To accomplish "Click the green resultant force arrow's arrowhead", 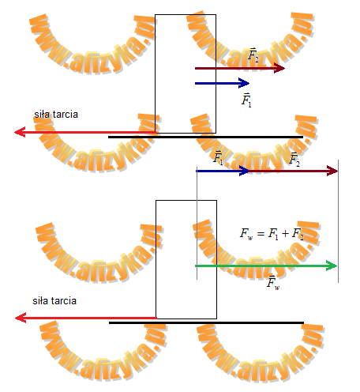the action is tap(332, 266).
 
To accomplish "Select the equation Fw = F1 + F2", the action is tap(272, 234).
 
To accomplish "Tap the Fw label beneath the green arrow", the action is tap(273, 283).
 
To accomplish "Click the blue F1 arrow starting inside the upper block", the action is tap(222, 83).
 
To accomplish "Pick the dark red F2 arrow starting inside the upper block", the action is tap(240, 68).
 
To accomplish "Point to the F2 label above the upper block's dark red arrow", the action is tap(253, 55).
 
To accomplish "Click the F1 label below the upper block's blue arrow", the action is tap(246, 100).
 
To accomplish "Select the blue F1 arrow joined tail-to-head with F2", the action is tap(223, 171).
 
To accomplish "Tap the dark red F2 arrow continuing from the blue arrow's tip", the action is tap(293, 171).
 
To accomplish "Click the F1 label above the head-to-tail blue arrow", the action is tap(218, 157).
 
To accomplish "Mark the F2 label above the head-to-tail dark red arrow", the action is tap(294, 159).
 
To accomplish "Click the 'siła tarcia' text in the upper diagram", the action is tap(56, 115).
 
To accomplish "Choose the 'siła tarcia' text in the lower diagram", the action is tap(54, 301).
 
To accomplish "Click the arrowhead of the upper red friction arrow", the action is tap(20, 132).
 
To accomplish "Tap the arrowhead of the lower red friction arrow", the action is tap(21, 318).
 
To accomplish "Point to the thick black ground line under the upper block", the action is tap(206, 137).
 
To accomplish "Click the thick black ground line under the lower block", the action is tap(207, 322).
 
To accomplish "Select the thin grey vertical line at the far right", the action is tap(339, 221).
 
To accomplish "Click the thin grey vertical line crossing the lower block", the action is tap(197, 223).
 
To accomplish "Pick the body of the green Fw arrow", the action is tap(266, 266).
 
